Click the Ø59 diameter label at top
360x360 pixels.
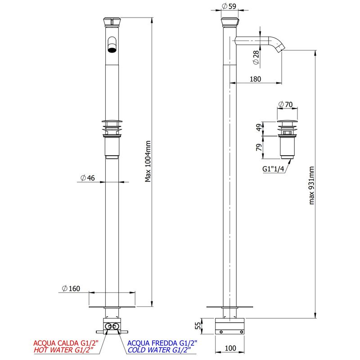tap(229, 6)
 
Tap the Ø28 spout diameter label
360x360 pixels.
tap(256, 58)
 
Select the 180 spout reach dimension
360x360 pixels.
tap(255, 79)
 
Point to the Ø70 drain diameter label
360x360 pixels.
tap(285, 104)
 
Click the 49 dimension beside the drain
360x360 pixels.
tap(259, 127)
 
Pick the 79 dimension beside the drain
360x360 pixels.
tap(259, 148)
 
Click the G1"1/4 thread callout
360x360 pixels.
tap(273, 169)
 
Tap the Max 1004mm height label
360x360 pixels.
tap(148, 162)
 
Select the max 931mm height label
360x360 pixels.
tap(311, 185)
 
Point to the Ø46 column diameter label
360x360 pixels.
tap(88, 178)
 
